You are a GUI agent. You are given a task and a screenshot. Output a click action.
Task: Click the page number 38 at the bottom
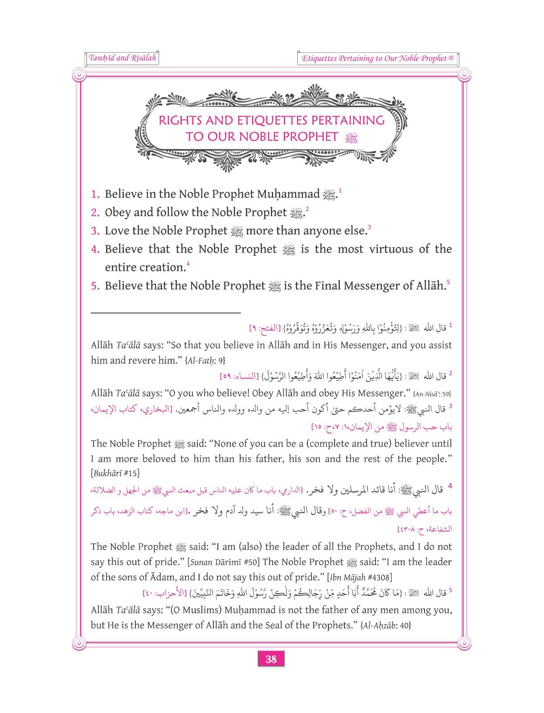[271, 659]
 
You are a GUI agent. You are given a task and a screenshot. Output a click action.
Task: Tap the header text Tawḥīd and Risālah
[122, 58]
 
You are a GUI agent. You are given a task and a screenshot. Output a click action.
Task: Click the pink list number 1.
[95, 194]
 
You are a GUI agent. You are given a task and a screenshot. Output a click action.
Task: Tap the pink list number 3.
[95, 231]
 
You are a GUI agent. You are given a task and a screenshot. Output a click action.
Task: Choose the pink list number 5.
[95, 286]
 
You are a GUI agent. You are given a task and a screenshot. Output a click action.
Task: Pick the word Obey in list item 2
[118, 213]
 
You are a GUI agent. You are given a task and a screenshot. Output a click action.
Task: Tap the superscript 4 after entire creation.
[188, 265]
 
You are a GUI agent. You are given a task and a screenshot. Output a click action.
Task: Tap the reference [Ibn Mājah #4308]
[359, 578]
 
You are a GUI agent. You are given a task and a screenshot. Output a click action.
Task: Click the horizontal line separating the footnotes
[165, 313]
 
